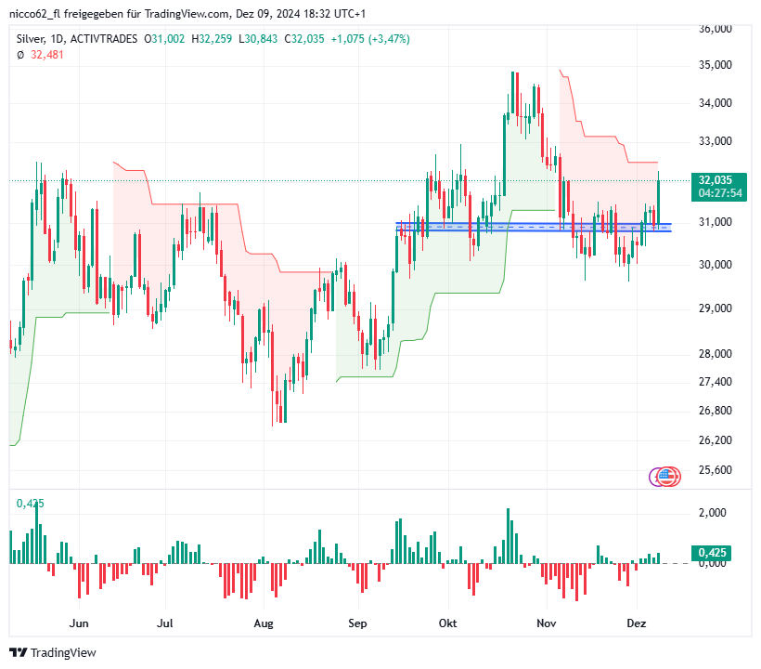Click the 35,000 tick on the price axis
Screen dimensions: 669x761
(715, 65)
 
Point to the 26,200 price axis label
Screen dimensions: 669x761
(715, 439)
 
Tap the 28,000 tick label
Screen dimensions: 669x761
(715, 353)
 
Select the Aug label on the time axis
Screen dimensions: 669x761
(264, 623)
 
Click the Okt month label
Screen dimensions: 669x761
(448, 623)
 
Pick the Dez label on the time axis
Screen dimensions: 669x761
(637, 623)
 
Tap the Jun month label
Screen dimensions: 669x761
(80, 623)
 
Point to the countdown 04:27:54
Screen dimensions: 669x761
(721, 193)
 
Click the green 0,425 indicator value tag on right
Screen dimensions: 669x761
(711, 553)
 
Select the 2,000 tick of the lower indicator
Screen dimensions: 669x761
(712, 513)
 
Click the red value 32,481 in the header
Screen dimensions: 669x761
(48, 55)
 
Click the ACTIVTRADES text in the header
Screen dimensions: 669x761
(104, 39)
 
